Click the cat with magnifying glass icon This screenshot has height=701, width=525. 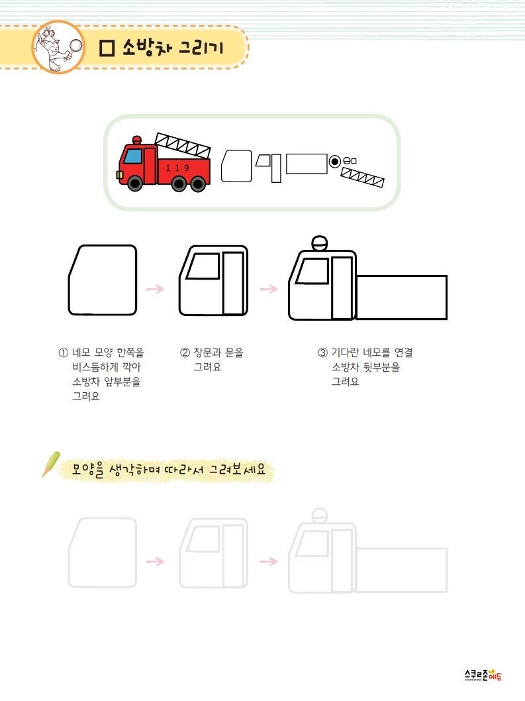[x=58, y=47]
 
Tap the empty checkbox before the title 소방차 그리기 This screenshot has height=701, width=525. [x=107, y=48]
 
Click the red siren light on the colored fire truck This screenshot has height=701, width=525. [x=137, y=140]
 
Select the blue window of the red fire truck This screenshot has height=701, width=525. [x=132, y=156]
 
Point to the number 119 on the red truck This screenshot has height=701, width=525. [x=177, y=168]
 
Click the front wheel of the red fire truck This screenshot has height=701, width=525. [x=135, y=183]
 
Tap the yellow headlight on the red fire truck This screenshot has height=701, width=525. [x=120, y=175]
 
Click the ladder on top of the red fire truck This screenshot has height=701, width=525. [x=183, y=145]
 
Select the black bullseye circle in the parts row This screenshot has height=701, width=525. [x=334, y=162]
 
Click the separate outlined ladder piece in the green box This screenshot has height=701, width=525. [x=362, y=177]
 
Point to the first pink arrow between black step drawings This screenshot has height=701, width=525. [x=155, y=289]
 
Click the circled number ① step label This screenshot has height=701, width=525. [x=64, y=352]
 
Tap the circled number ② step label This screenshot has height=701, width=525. [x=185, y=352]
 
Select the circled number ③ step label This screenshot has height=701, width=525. [x=322, y=352]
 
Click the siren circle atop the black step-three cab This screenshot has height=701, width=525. [x=319, y=243]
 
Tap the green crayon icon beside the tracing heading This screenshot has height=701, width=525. [x=51, y=464]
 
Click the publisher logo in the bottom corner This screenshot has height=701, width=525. [x=483, y=675]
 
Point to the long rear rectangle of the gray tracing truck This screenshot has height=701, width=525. [x=401, y=570]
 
